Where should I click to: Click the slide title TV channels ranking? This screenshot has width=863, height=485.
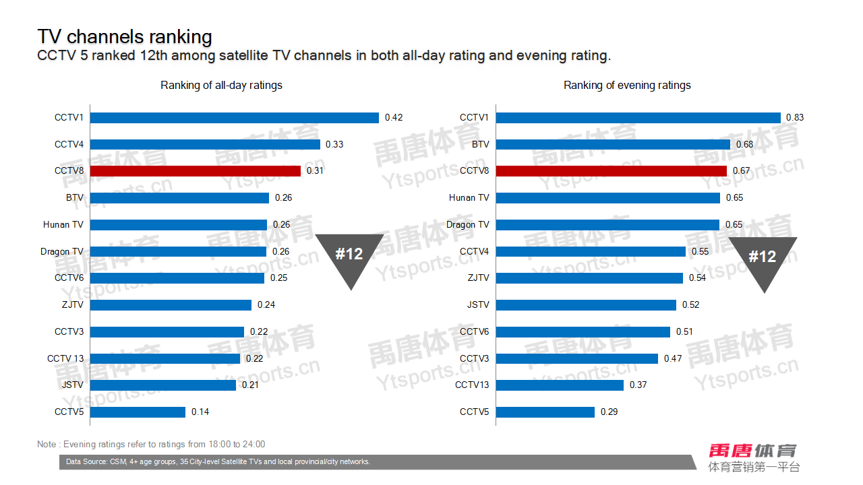(x=125, y=36)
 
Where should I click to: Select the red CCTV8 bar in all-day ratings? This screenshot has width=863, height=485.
(x=196, y=171)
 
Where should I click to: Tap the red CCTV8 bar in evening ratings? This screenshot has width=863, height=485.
(x=612, y=171)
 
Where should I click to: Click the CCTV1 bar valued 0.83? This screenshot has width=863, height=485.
(x=638, y=118)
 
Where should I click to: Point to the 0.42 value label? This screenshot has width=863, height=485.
(x=394, y=118)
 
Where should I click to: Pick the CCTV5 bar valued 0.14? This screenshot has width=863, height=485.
(x=138, y=412)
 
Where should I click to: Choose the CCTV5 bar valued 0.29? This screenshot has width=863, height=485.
(x=545, y=412)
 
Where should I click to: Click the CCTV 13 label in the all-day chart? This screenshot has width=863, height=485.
(x=65, y=358)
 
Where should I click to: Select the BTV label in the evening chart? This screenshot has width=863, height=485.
(x=481, y=144)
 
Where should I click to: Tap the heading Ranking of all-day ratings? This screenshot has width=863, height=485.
(x=221, y=86)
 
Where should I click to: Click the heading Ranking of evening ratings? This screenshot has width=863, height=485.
(x=627, y=86)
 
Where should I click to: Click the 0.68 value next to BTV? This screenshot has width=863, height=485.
(x=745, y=144)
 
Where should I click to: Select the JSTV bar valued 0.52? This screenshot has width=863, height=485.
(x=586, y=305)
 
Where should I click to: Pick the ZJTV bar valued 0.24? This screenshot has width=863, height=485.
(x=171, y=305)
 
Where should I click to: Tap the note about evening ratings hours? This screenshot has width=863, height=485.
(x=151, y=444)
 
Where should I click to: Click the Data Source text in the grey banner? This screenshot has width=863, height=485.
(x=218, y=462)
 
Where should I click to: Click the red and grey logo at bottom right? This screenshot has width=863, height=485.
(x=752, y=457)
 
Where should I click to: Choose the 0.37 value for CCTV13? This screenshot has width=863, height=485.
(x=638, y=385)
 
